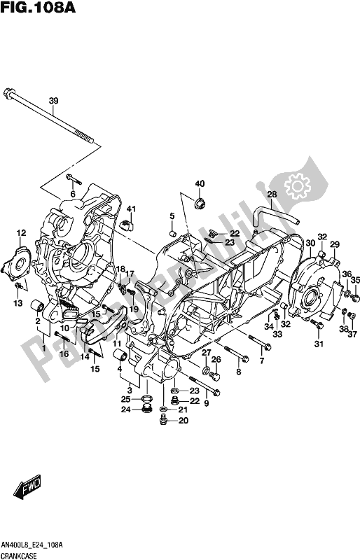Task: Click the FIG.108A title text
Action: [x=38, y=8]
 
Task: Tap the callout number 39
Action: [x=53, y=101]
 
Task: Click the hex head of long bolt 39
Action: [x=8, y=93]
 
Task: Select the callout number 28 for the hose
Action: [x=272, y=195]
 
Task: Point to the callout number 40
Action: [x=200, y=184]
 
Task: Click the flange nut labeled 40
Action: [x=200, y=204]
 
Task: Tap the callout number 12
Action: [x=21, y=233]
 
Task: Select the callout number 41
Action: [x=131, y=209]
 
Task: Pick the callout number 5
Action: [x=172, y=216]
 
